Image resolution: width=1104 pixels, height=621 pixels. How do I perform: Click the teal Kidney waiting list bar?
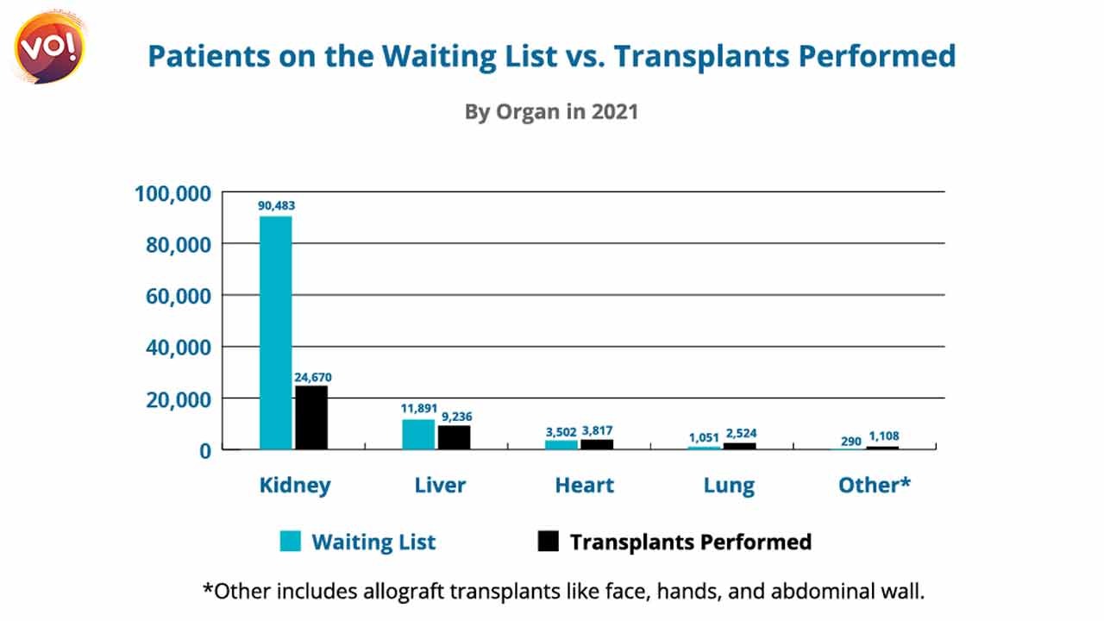(x=276, y=333)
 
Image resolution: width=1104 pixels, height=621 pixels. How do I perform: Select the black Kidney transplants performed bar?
(x=311, y=417)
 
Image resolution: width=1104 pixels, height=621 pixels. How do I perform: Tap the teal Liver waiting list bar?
(x=418, y=434)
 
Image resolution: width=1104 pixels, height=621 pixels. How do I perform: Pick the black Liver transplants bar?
(x=455, y=437)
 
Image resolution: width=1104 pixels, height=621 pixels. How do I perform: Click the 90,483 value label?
(x=277, y=205)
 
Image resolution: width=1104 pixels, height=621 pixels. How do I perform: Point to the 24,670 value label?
(x=313, y=378)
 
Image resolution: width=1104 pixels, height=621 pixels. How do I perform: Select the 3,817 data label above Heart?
(x=597, y=431)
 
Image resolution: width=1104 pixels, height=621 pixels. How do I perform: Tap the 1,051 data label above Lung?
(x=704, y=437)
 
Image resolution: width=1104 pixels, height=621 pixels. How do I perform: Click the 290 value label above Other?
(x=850, y=441)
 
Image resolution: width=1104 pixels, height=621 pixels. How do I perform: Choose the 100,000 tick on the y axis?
(x=173, y=194)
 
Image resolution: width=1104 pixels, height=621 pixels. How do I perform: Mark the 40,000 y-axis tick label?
(x=179, y=348)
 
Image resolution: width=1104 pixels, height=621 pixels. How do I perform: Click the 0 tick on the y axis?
(x=205, y=451)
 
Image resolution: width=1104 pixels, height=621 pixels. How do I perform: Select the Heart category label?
(x=585, y=485)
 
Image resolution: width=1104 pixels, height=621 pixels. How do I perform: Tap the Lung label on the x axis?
(x=729, y=486)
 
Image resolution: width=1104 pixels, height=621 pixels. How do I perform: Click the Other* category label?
(x=875, y=485)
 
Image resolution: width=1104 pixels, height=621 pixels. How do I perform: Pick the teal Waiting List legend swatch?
(x=291, y=541)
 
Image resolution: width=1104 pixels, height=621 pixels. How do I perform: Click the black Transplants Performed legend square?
(x=548, y=541)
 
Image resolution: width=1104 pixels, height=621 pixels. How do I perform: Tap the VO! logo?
(x=49, y=47)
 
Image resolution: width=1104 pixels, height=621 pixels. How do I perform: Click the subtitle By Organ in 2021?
(x=551, y=112)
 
